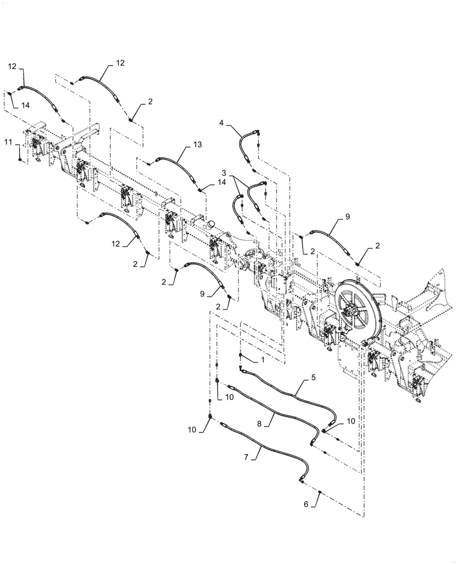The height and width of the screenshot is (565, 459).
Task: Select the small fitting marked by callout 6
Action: coord(321,493)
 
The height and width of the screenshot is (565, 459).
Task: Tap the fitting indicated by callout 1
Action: coord(241,355)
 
